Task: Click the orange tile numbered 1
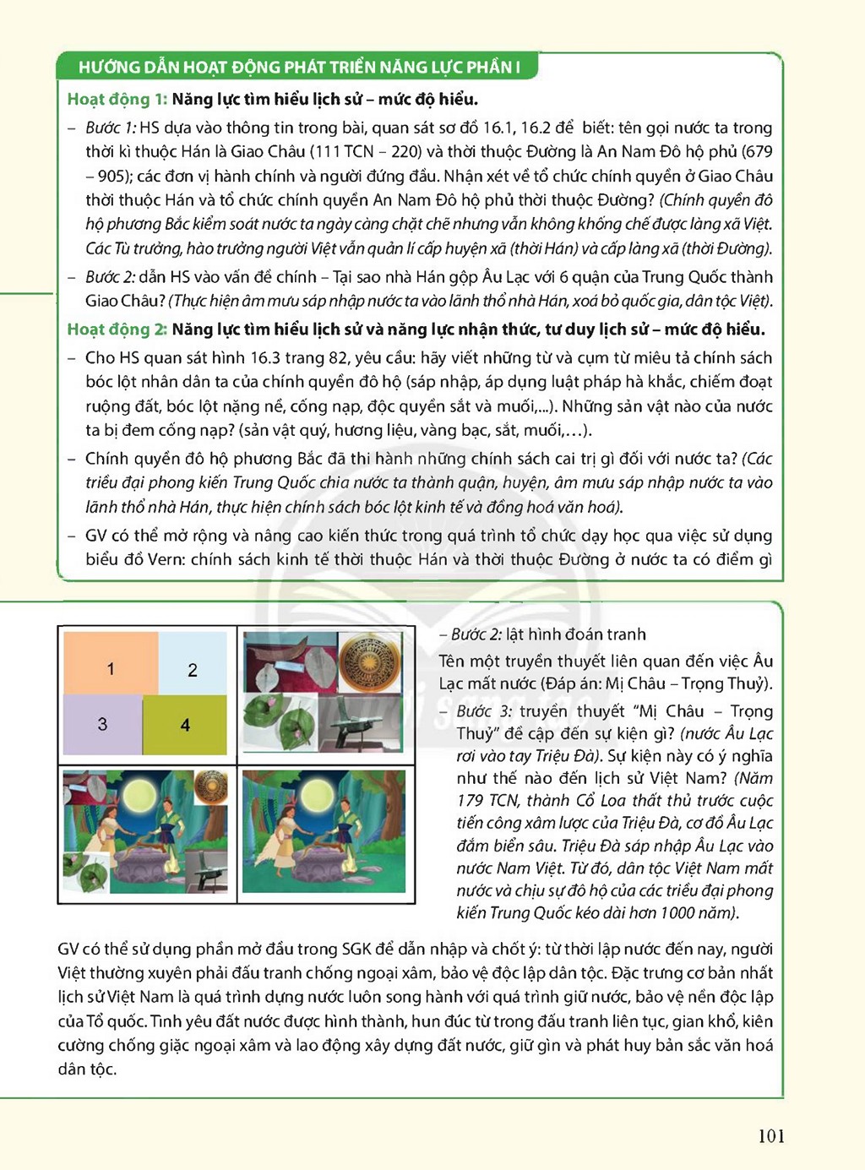(111, 663)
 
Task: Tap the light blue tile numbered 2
(193, 663)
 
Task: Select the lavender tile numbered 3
(103, 724)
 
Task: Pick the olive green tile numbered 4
(185, 724)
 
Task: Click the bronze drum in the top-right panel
(370, 662)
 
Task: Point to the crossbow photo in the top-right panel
(360, 722)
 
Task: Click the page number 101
(771, 1135)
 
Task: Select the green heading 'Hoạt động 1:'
(117, 99)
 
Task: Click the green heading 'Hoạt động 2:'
(117, 329)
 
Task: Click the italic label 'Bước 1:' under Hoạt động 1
(111, 128)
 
